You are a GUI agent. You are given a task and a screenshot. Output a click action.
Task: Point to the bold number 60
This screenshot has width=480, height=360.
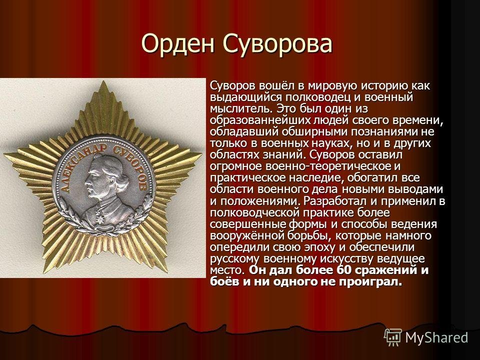(x=343, y=270)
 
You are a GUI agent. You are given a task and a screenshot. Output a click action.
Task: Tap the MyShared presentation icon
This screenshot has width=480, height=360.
(x=393, y=337)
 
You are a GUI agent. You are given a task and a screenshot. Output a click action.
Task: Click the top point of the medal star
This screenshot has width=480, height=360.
(x=103, y=81)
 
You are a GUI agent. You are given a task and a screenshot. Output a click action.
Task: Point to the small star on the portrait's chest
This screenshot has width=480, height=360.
(x=100, y=218)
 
